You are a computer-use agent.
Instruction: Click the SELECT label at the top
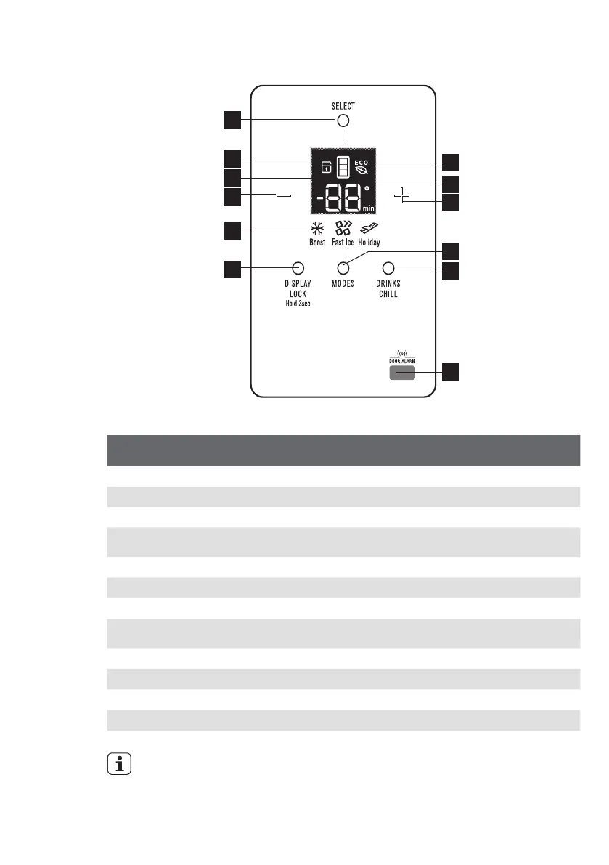pyautogui.click(x=343, y=106)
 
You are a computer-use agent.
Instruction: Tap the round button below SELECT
pyautogui.click(x=343, y=121)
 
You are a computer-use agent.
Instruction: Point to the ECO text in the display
pyautogui.click(x=361, y=161)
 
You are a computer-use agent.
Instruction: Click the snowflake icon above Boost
pyautogui.click(x=317, y=228)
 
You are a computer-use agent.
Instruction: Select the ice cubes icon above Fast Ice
pyautogui.click(x=343, y=228)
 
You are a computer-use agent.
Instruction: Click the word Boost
pyautogui.click(x=317, y=243)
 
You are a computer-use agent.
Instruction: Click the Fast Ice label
pyautogui.click(x=343, y=243)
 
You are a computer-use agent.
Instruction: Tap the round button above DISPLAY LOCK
pyautogui.click(x=297, y=267)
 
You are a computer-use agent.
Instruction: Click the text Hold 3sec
pyautogui.click(x=297, y=304)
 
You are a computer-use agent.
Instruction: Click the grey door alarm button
pyautogui.click(x=401, y=373)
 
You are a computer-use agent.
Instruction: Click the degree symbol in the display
pyautogui.click(x=367, y=188)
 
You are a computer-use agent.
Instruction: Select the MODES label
pyautogui.click(x=343, y=284)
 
